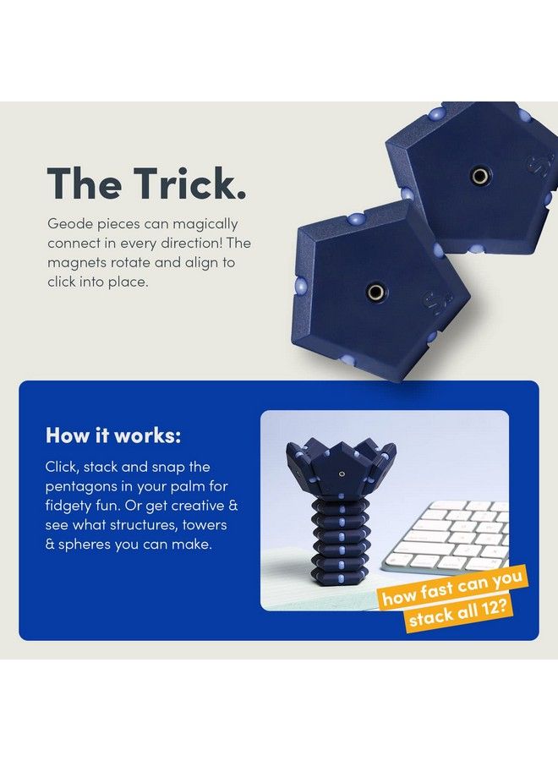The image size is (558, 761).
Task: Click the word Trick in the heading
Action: tap(188, 183)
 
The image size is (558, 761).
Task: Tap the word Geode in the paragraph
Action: tap(69, 224)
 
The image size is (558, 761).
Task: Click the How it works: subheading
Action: tap(112, 435)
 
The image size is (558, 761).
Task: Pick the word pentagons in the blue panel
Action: tap(81, 486)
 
